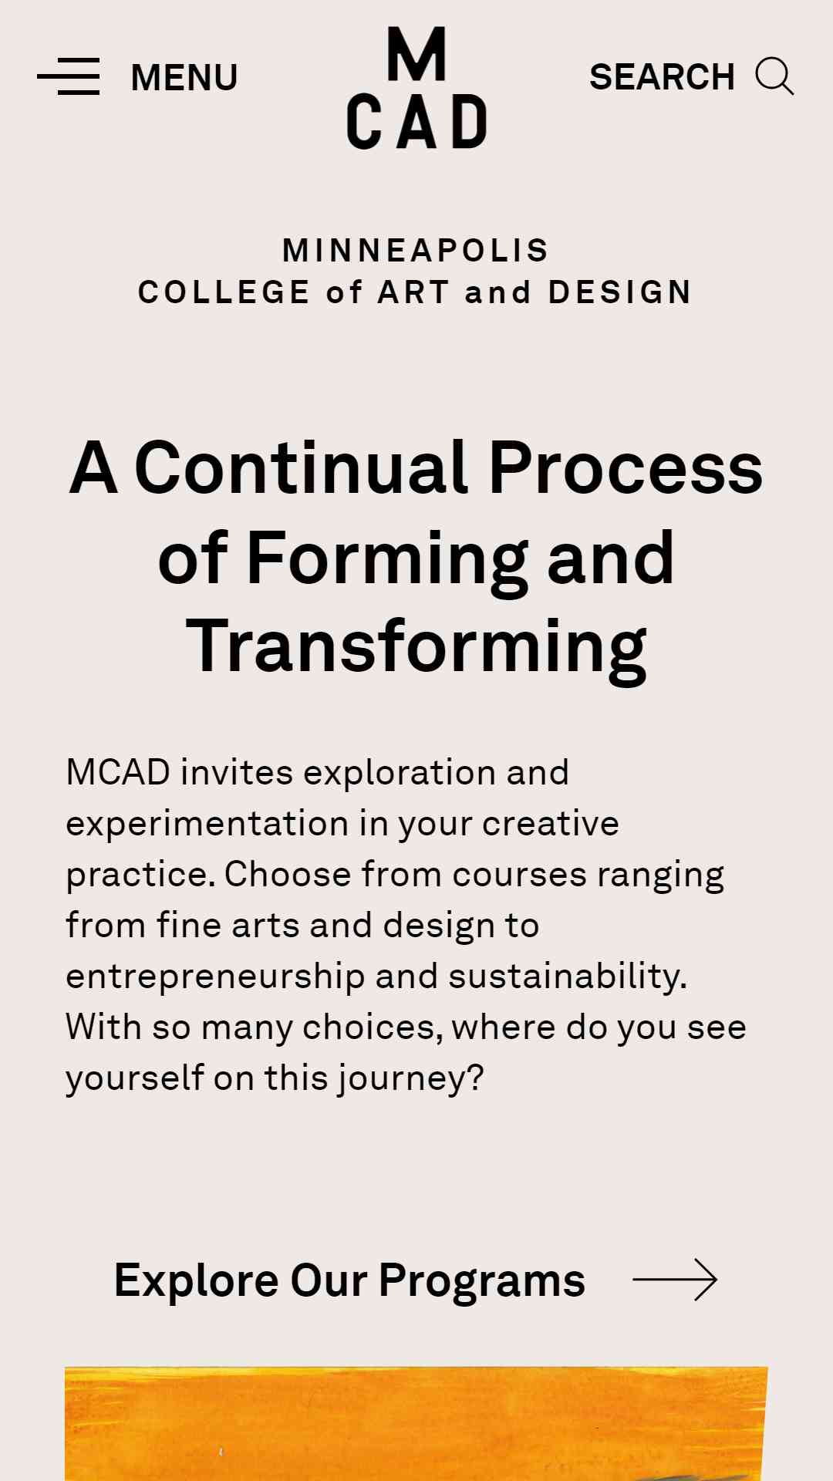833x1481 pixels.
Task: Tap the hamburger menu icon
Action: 69,76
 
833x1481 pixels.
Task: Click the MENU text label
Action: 184,78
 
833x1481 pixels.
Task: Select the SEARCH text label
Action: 662,77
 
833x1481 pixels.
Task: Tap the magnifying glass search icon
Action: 774,76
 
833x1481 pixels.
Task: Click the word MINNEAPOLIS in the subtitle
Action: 416,250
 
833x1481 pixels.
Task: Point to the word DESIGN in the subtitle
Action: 620,292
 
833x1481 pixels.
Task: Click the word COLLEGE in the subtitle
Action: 224,292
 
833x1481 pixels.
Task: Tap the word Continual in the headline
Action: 302,467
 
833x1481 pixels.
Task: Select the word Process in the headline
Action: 626,467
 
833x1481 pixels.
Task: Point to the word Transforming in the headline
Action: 416,649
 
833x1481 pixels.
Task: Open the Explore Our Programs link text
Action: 349,1280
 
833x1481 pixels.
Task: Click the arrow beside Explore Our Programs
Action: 675,1280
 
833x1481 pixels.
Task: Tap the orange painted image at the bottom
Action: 416,1424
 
